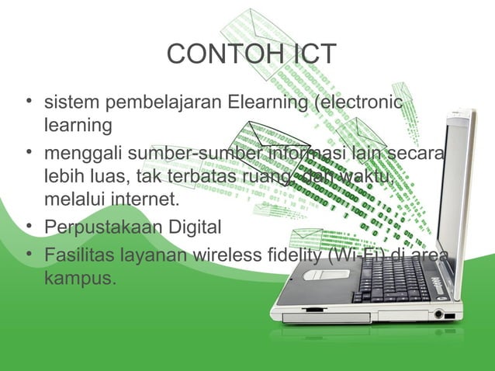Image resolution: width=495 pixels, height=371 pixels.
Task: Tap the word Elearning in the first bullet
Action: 265,102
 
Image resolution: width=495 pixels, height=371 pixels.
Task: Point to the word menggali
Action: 76,160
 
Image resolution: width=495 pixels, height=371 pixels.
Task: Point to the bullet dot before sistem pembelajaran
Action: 29,102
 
